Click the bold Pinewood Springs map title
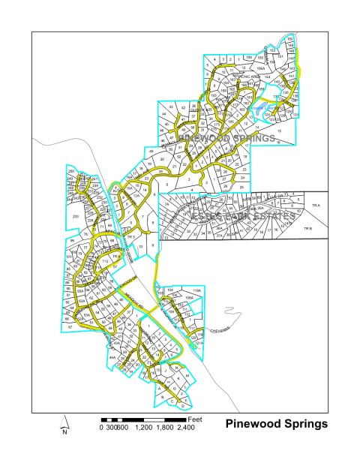click(277, 424)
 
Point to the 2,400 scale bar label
click(184, 427)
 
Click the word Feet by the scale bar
click(196, 416)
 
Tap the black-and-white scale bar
click(142, 418)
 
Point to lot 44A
click(113, 359)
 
